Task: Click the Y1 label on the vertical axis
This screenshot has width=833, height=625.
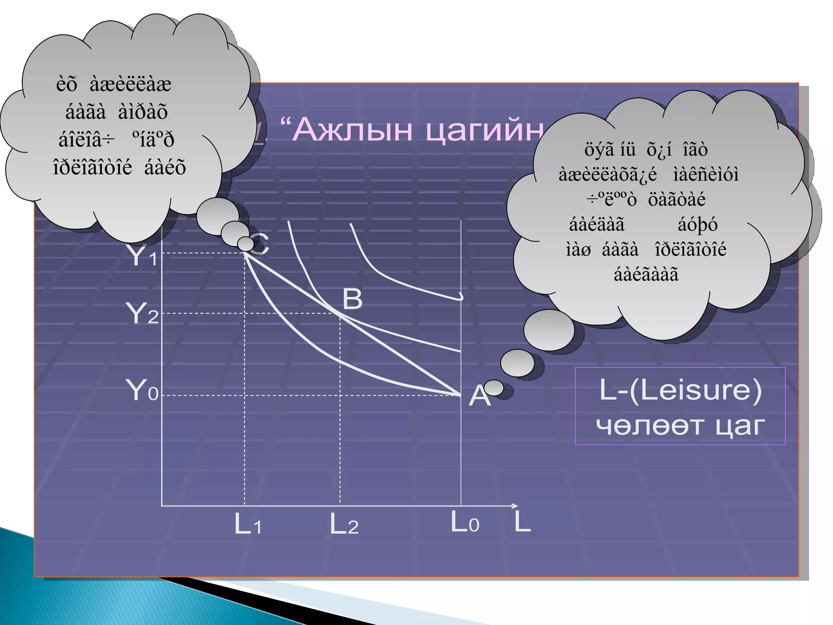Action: point(142,256)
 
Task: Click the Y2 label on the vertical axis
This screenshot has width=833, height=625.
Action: point(142,313)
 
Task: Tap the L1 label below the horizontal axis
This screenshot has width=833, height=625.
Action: point(248,524)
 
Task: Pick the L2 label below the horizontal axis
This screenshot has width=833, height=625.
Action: point(344,524)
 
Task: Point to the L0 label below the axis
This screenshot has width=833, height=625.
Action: point(465,522)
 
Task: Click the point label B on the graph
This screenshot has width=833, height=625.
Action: point(352,299)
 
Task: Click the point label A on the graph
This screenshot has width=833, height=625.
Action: point(479,396)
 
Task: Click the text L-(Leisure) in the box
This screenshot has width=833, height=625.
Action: point(680,391)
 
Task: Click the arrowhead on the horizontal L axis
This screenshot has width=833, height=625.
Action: point(515,506)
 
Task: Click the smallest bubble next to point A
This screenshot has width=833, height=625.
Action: point(494,388)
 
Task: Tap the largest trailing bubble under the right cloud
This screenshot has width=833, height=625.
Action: point(549,330)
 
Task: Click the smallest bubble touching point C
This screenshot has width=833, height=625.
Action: point(245,244)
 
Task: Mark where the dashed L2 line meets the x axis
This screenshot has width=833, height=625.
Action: point(340,506)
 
